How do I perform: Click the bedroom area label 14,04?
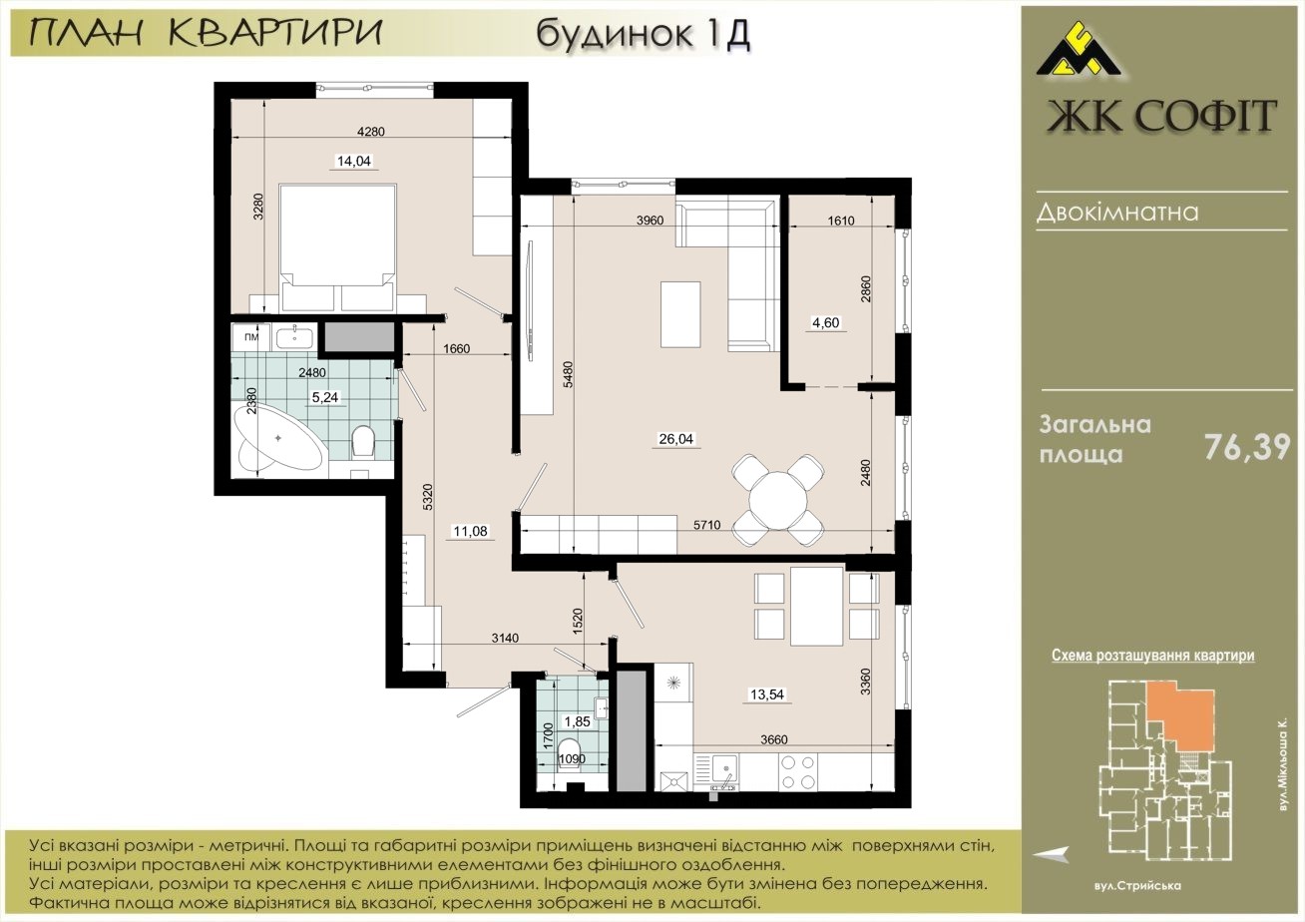click(354, 161)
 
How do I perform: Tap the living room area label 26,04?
click(675, 439)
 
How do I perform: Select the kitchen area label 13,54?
click(767, 694)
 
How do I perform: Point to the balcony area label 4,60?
click(826, 323)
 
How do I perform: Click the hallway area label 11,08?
click(470, 531)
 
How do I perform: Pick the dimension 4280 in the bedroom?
click(371, 132)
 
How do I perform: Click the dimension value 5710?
click(706, 525)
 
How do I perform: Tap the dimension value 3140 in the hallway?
click(505, 638)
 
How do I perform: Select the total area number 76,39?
click(1247, 447)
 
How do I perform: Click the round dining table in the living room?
click(778, 500)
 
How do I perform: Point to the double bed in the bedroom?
click(338, 247)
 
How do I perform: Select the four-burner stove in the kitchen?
click(798, 771)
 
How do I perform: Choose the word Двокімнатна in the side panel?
click(1117, 213)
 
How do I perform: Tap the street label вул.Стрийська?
click(1135, 886)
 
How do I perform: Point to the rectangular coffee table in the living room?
click(680, 314)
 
